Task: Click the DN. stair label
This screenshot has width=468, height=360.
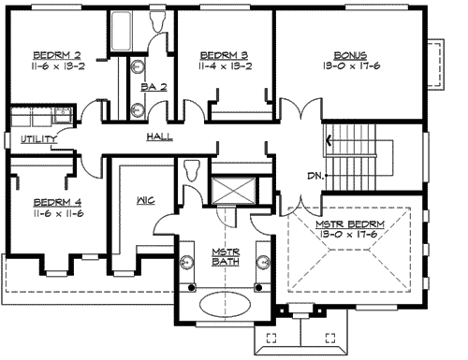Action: tap(315, 174)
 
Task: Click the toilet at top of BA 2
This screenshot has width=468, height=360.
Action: tap(157, 22)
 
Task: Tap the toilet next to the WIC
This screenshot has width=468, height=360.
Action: tap(192, 170)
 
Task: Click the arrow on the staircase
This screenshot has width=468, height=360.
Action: tap(329, 141)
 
